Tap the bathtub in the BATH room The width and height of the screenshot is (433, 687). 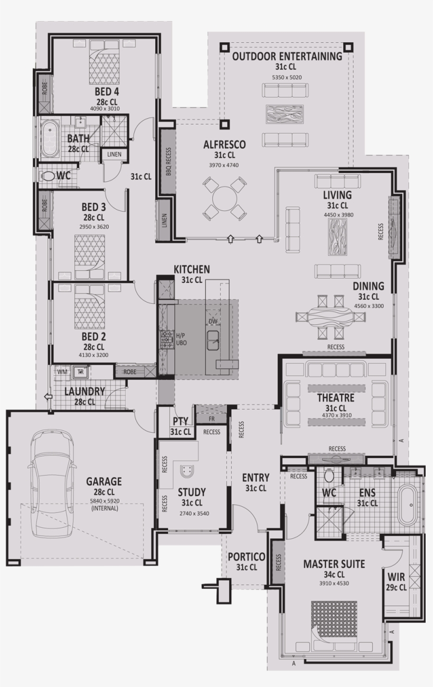coord(50,139)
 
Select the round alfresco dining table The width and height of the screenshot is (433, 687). coord(225,198)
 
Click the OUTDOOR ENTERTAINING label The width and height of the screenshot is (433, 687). coord(287,56)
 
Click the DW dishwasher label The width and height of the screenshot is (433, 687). coord(213,321)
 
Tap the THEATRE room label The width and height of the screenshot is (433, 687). coord(335,397)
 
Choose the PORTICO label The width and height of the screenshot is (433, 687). coord(246,557)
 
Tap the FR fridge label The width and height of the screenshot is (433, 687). coord(211,418)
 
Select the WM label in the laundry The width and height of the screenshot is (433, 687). coord(62,372)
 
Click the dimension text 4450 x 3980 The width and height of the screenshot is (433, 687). coord(338,215)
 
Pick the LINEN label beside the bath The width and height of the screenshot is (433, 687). coord(114,154)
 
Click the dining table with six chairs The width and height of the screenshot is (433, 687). coord(331,317)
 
